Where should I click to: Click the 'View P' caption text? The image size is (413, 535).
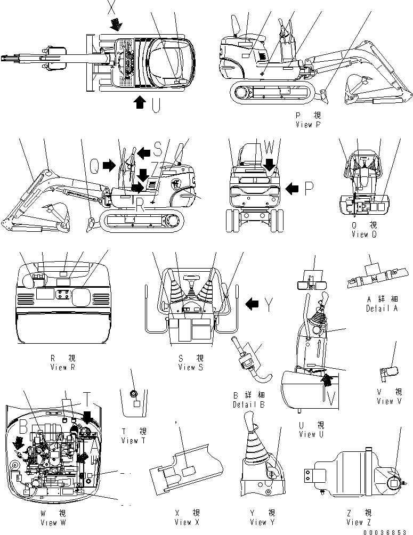(307, 124)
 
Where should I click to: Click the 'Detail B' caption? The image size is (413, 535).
(248, 404)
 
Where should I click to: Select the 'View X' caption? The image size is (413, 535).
(187, 523)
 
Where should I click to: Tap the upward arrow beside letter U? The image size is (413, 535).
(139, 102)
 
